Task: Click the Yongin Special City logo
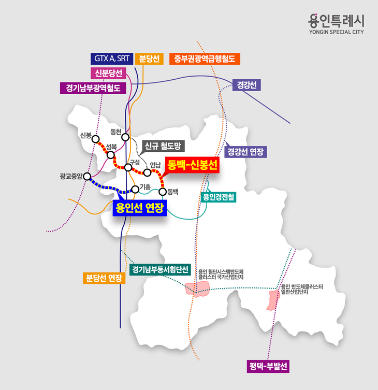point(336,24)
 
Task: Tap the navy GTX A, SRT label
point(112,58)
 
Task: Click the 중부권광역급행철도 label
point(205,58)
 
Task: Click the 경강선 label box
point(246,84)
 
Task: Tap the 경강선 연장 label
point(246,152)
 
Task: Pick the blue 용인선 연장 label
point(140,208)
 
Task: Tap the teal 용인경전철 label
point(218,197)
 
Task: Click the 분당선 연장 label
point(105,278)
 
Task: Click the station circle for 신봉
point(95,138)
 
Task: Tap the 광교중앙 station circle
point(87,177)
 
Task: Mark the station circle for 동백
point(163,192)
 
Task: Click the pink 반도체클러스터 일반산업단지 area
point(272,300)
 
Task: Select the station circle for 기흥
point(135,189)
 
